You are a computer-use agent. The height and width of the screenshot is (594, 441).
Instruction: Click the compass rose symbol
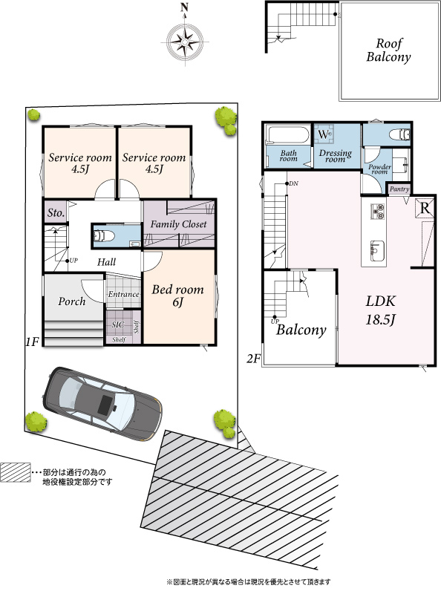coord(185,40)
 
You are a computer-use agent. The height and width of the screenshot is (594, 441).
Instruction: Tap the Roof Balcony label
coord(388,50)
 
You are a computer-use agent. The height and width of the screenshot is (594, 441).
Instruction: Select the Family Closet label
coord(178,224)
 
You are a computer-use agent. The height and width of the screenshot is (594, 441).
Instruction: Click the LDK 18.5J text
coord(380,310)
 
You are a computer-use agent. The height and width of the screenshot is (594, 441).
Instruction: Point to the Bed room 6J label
coord(177,296)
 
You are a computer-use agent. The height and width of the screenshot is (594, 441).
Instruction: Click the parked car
coord(102,403)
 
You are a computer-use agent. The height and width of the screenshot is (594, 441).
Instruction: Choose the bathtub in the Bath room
coord(288,135)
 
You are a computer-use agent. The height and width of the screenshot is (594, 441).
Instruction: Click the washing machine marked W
coord(324,134)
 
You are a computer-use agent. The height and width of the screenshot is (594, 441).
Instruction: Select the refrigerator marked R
coord(425,208)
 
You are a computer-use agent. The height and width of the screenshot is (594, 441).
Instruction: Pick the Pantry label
coord(399,189)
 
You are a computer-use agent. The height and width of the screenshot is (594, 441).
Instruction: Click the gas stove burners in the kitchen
coord(377,212)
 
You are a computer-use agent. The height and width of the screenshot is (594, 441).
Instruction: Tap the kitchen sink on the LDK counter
coord(377,250)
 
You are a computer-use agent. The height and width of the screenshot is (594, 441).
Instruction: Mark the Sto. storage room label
coord(56,213)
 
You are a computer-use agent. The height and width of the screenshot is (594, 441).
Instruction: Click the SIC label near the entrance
coord(118,324)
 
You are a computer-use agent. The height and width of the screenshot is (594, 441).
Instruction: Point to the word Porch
coord(71,301)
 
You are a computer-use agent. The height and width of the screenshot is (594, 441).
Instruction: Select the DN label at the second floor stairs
coord(293,183)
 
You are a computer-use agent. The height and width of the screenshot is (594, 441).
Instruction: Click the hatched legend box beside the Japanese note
coord(15,472)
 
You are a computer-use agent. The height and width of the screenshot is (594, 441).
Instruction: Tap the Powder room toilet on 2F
coord(400,134)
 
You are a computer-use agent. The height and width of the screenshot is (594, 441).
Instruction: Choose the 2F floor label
coord(254,359)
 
